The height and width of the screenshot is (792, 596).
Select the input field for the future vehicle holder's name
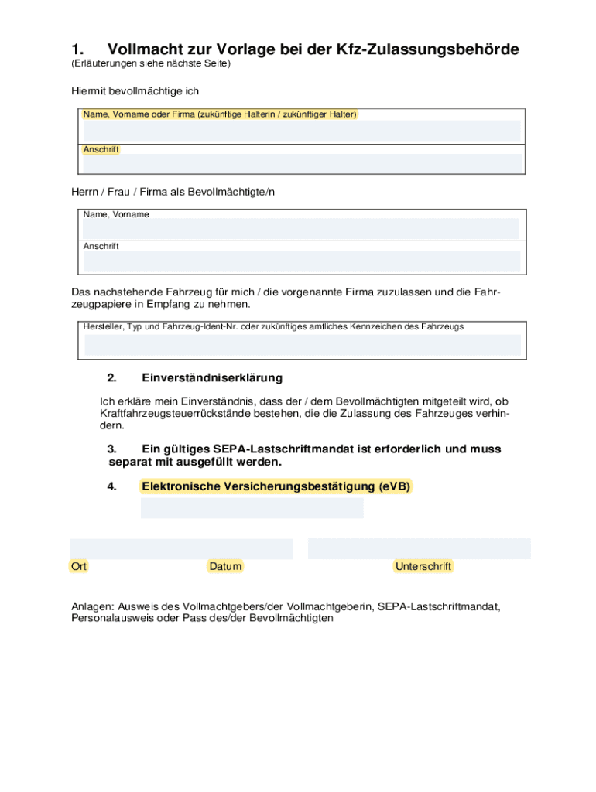(x=302, y=131)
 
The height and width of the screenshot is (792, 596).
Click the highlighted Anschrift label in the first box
(x=101, y=150)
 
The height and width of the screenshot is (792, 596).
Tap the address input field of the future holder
(x=302, y=163)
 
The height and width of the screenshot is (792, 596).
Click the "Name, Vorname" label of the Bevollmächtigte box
(x=116, y=214)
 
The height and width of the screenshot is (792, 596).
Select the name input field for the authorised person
(x=302, y=228)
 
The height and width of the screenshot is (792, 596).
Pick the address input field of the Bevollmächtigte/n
(x=302, y=261)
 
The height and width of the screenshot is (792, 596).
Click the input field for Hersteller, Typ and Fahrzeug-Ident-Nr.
(x=302, y=345)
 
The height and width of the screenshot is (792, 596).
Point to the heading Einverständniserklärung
(x=212, y=378)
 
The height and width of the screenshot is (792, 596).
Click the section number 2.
(x=111, y=378)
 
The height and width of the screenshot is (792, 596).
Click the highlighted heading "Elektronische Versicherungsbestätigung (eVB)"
(x=276, y=487)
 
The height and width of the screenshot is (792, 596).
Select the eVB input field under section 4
(x=252, y=508)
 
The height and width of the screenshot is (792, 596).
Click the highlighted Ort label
(x=79, y=567)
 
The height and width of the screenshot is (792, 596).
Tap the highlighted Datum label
(x=225, y=567)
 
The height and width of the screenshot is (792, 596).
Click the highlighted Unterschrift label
(x=423, y=567)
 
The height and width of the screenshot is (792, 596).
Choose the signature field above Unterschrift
(x=419, y=548)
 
